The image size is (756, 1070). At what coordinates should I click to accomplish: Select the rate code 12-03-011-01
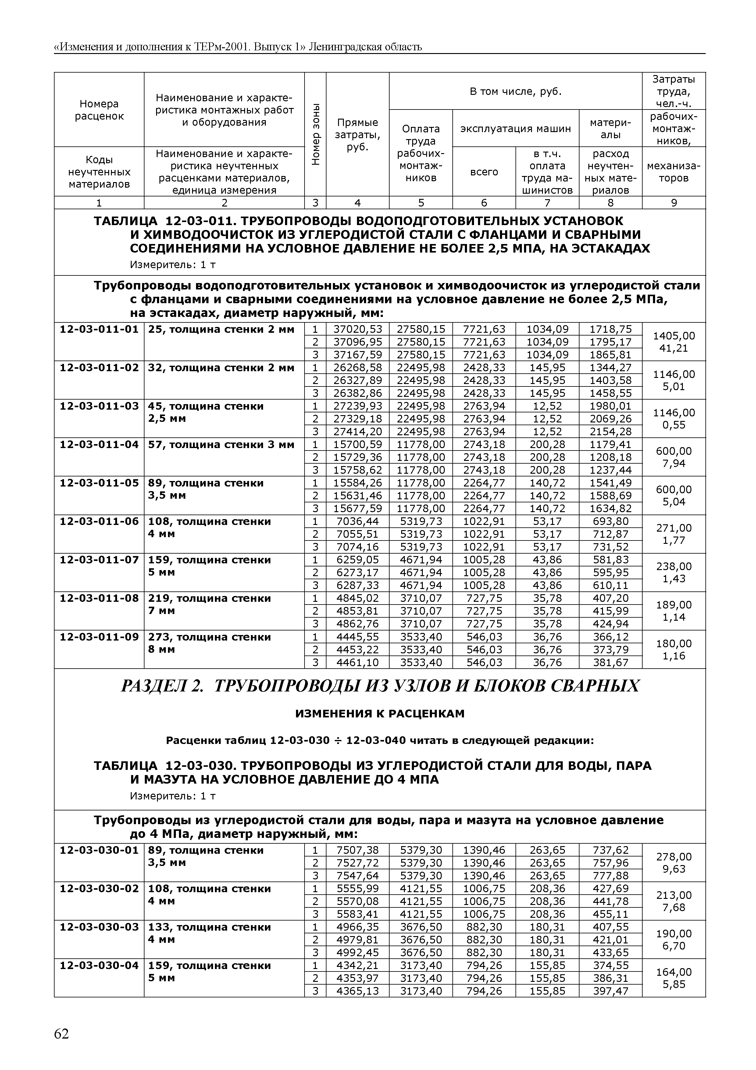click(x=99, y=329)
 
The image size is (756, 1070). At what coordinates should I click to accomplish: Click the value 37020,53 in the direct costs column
click(x=357, y=329)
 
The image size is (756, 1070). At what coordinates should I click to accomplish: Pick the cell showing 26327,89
click(x=357, y=381)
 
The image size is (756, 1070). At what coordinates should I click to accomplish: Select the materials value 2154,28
click(x=610, y=432)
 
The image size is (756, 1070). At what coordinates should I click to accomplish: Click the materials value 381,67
click(x=610, y=662)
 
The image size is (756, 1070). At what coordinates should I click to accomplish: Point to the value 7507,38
click(x=357, y=850)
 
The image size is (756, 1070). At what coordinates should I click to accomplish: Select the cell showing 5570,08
click(x=357, y=901)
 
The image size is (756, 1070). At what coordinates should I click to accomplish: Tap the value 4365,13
click(x=357, y=991)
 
